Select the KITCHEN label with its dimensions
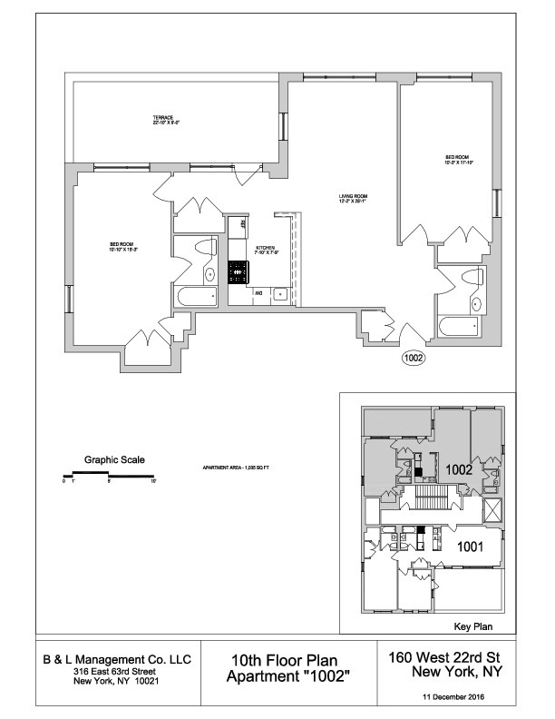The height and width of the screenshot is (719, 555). [x=267, y=250]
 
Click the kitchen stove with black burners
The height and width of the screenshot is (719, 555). [x=239, y=271]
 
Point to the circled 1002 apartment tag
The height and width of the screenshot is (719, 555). [x=414, y=357]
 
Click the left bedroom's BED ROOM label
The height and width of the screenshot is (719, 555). [x=122, y=246]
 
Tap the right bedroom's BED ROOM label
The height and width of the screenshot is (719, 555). [x=457, y=159]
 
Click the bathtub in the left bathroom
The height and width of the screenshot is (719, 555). [x=195, y=295]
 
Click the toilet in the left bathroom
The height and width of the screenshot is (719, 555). [x=209, y=272]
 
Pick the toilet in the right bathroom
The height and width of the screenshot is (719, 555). [x=476, y=303]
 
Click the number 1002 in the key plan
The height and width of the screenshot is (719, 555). [x=458, y=470]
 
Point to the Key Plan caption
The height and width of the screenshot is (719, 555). [x=471, y=627]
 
